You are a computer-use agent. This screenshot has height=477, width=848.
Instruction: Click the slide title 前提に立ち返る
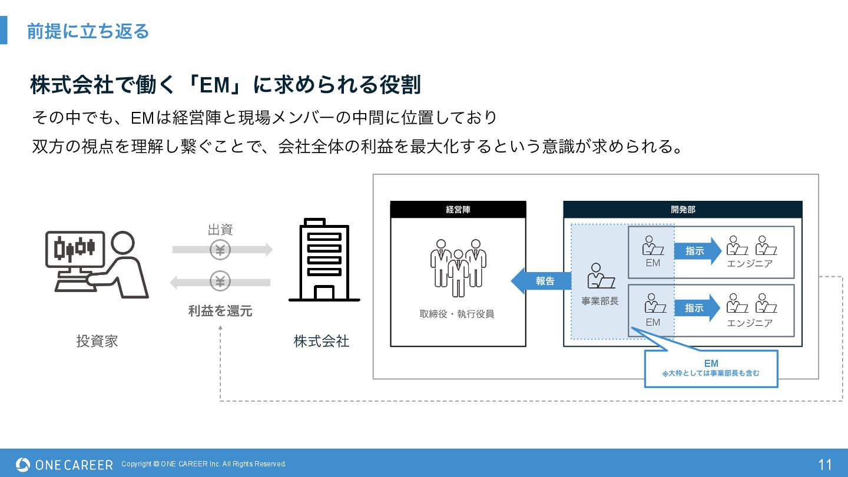[88, 31]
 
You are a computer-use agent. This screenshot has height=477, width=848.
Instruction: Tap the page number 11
[825, 465]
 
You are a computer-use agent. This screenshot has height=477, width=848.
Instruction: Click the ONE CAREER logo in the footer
[64, 465]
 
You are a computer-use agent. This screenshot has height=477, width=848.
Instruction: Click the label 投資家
[97, 341]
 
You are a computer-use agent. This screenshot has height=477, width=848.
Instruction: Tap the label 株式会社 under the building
[322, 341]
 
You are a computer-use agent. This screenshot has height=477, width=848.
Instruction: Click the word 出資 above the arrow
[220, 230]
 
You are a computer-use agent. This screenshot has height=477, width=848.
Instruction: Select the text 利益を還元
[220, 311]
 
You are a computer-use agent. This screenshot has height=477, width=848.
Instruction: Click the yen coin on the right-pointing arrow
[220, 250]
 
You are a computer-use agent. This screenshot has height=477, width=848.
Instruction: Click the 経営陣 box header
[458, 209]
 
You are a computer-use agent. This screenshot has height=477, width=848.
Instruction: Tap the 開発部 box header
[683, 209]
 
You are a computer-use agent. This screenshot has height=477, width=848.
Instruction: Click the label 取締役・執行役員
[457, 314]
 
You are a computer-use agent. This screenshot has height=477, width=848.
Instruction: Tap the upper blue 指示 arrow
[698, 251]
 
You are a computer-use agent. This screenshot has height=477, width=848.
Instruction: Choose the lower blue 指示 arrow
[698, 308]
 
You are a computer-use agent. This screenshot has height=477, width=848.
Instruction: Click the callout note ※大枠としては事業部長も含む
[711, 373]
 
